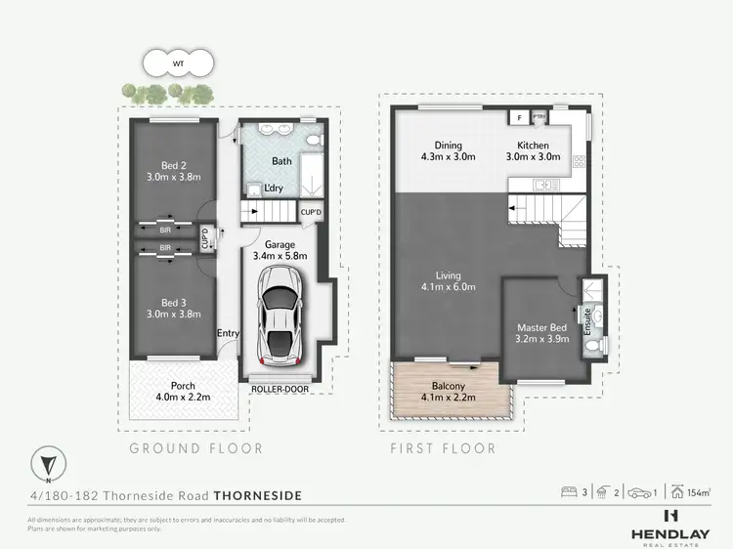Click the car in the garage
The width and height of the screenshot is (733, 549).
280,316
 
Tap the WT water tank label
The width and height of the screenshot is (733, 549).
177,64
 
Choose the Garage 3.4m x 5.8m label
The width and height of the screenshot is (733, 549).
280,249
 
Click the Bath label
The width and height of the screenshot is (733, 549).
282,160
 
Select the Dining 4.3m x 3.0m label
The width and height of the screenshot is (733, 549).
448,150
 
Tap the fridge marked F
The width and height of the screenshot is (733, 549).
518,117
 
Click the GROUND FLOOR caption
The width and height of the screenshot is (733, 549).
196,448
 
